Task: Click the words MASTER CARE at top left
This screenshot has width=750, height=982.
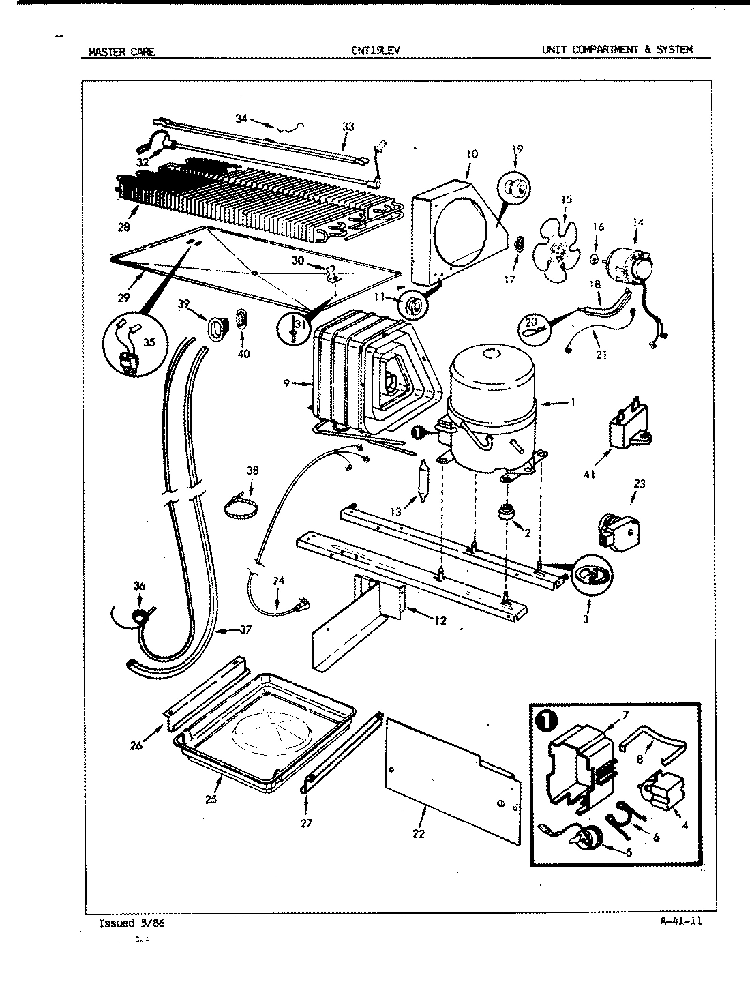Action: point(122,51)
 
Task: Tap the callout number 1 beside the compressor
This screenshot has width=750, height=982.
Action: point(573,403)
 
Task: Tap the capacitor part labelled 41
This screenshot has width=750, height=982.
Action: point(626,429)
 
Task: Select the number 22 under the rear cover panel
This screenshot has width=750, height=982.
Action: point(418,833)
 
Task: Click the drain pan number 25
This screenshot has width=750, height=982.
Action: point(211,799)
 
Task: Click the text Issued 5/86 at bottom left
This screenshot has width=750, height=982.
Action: point(132,923)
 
